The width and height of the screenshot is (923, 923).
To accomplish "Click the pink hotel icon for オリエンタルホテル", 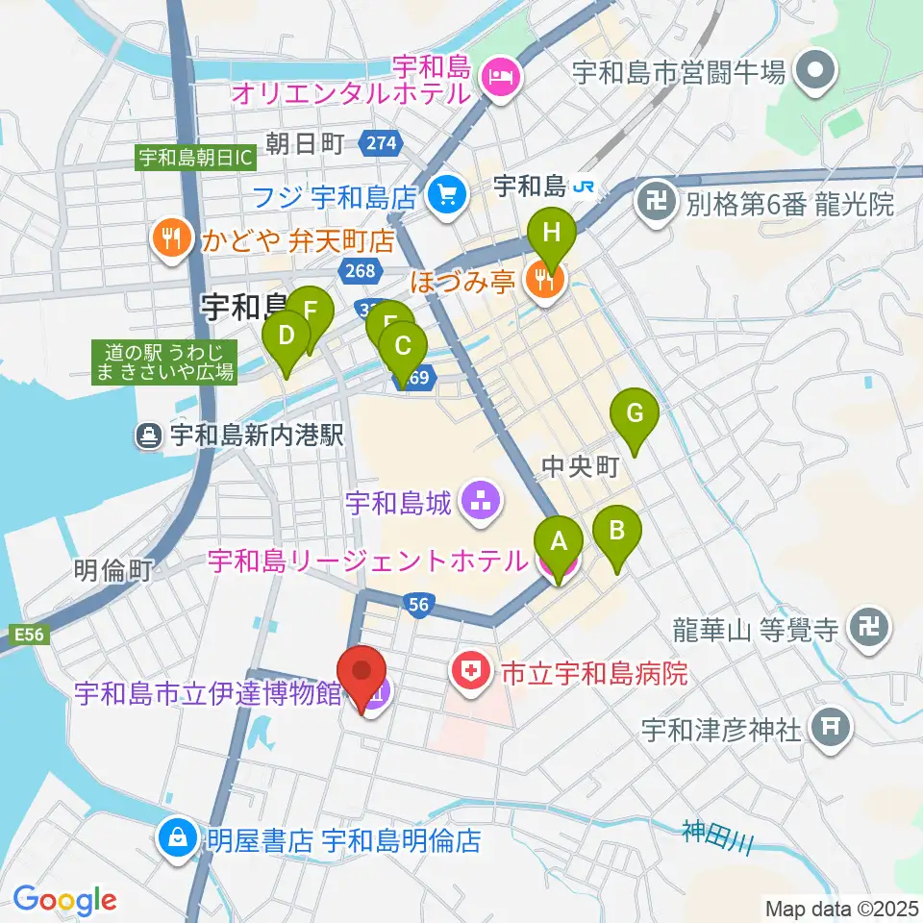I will pyautogui.click(x=500, y=73).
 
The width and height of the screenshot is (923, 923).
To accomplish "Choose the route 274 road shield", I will pyautogui.click(x=381, y=143).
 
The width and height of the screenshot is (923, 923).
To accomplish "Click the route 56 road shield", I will pyautogui.click(x=418, y=604).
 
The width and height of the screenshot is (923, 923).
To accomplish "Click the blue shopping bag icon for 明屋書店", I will pyautogui.click(x=180, y=837).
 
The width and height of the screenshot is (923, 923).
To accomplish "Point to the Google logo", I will pyautogui.click(x=64, y=899).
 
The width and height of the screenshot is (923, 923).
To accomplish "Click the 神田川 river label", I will pyautogui.click(x=716, y=835).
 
